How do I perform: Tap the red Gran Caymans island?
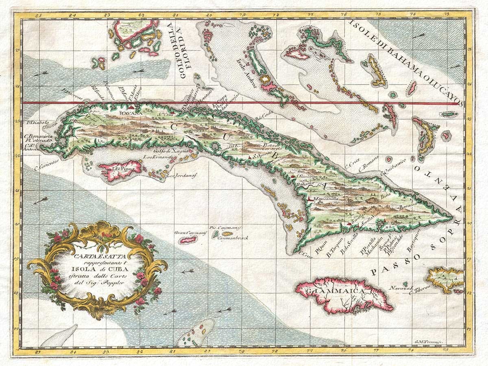[188, 240]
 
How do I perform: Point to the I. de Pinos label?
[122, 167]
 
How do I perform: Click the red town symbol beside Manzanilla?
[311, 198]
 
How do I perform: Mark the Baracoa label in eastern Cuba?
[407, 206]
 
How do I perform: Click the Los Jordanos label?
[182, 176]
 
